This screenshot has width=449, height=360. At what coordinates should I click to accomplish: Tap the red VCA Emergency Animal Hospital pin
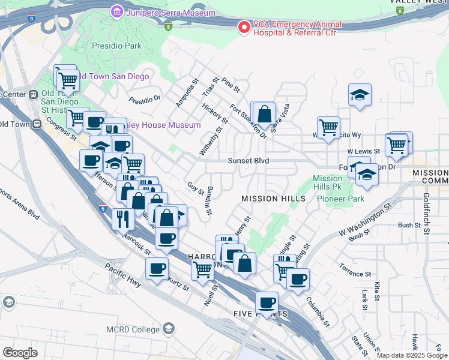[x=244, y=27]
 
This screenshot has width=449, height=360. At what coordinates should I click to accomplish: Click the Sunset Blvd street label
[x=248, y=161]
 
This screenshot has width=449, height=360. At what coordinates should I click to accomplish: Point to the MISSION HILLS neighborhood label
[x=270, y=199]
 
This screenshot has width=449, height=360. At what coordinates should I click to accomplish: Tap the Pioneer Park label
[x=341, y=199]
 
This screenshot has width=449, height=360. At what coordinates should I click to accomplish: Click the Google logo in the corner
[x=20, y=353]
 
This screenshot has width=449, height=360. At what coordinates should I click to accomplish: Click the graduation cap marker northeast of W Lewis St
[x=360, y=94]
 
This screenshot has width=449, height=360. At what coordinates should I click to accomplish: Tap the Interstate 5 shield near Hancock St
[x=103, y=208]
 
